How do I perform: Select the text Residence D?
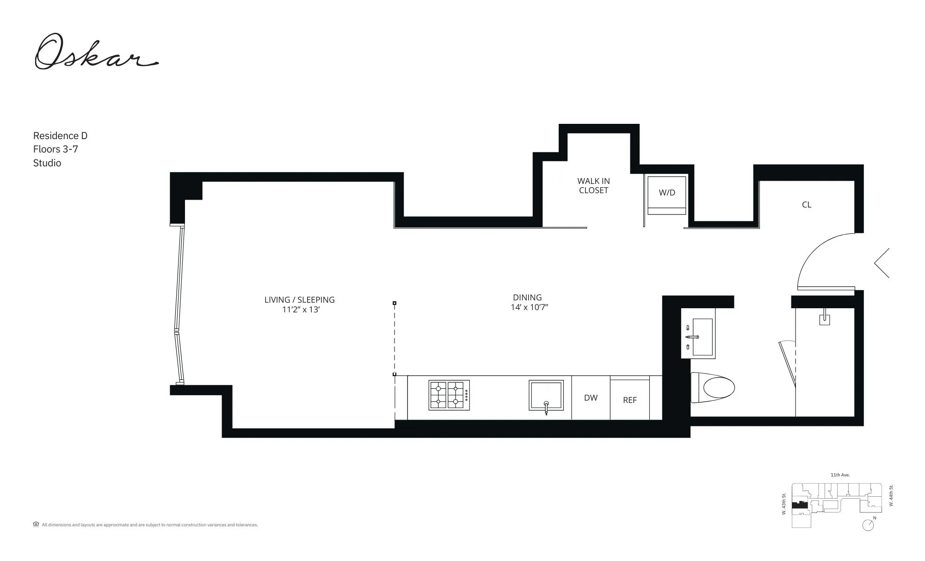(x=60, y=136)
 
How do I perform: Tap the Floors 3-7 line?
(x=55, y=149)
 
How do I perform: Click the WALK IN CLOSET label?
(x=593, y=186)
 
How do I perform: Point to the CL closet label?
(x=807, y=205)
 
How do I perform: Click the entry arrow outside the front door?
(x=882, y=263)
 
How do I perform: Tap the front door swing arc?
(x=814, y=252)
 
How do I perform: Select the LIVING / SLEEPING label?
(x=299, y=300)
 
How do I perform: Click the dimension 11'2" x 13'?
(x=301, y=310)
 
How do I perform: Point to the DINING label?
(x=527, y=298)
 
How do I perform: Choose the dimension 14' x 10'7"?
(x=529, y=307)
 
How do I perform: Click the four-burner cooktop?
(x=449, y=395)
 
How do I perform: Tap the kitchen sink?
(x=546, y=395)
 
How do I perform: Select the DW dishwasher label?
(x=591, y=398)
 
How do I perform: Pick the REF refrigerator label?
(x=629, y=400)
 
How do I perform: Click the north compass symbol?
(x=868, y=525)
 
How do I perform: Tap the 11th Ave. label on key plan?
(x=840, y=475)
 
